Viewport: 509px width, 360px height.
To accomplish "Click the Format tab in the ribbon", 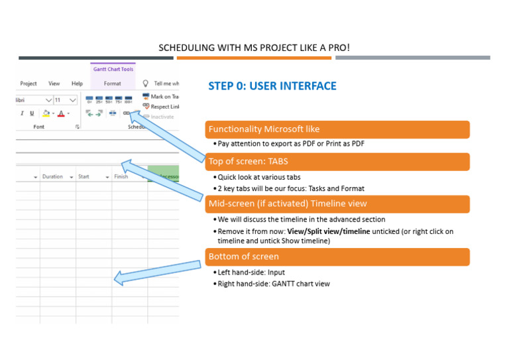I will [113, 84].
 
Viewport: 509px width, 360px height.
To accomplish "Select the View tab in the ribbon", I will [54, 84].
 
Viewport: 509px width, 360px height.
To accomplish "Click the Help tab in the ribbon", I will [77, 84].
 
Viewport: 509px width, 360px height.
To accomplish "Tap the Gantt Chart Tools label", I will [113, 69].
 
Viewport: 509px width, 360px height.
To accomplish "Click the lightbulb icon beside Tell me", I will [146, 84].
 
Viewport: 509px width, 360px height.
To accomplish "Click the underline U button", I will [32, 113].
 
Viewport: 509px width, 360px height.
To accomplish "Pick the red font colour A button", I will [60, 113].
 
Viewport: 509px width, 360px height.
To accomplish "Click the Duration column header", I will [53, 177].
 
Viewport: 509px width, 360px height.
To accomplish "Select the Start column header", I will [84, 177].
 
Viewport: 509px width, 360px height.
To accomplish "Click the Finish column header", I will [121, 177].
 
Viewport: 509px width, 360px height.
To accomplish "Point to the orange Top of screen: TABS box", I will [337, 161].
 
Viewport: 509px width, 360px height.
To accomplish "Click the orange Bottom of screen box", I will [337, 257].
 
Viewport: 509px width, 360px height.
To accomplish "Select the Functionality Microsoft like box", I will [337, 129].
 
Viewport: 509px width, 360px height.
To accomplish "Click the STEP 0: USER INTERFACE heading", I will [272, 86].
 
